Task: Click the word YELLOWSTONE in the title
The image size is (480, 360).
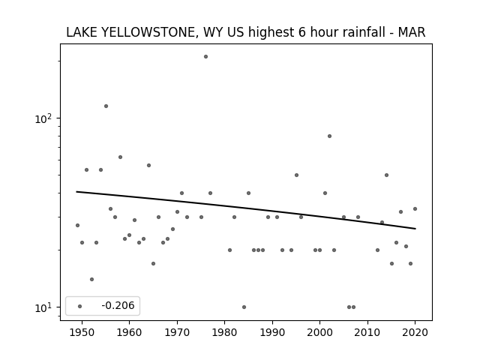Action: click(x=148, y=32)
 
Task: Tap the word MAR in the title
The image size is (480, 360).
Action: click(x=412, y=32)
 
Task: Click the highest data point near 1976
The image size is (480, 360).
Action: click(x=205, y=57)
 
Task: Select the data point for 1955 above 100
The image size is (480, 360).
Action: click(x=106, y=106)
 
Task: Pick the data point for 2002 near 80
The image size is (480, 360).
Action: click(x=329, y=136)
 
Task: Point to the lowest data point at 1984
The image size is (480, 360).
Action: click(x=244, y=307)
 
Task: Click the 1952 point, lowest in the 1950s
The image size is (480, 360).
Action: click(x=91, y=279)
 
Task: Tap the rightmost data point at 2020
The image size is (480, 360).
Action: click(x=415, y=208)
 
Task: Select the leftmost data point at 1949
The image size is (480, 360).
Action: click(x=77, y=225)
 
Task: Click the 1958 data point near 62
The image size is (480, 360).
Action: click(x=120, y=157)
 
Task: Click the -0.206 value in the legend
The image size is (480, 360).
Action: click(x=118, y=305)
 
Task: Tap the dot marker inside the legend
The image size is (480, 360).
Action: click(x=80, y=306)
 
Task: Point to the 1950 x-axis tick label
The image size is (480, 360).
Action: click(x=82, y=332)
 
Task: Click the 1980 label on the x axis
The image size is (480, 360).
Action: click(x=224, y=332)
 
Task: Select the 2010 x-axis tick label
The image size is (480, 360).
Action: click(x=367, y=332)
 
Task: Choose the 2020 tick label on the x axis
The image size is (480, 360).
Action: click(x=415, y=332)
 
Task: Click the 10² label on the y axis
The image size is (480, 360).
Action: click(x=43, y=118)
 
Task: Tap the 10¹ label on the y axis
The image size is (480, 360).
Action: click(x=43, y=307)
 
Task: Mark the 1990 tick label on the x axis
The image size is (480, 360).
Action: click(x=272, y=332)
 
